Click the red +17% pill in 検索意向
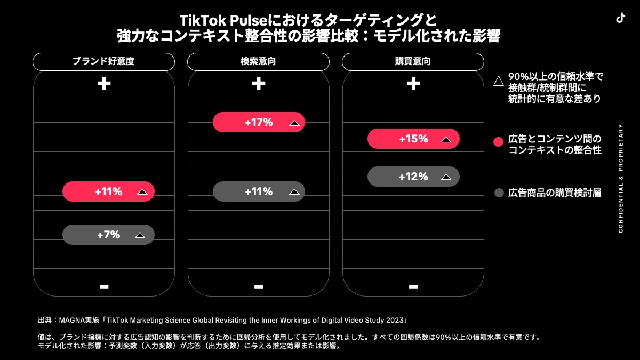[x=259, y=122]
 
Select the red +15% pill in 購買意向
[x=413, y=139]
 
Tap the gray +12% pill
[x=413, y=177]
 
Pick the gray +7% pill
[x=109, y=235]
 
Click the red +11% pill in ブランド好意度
[x=109, y=191]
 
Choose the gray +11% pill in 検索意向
[x=259, y=191]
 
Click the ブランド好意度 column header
[x=103, y=62]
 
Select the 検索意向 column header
[x=258, y=62]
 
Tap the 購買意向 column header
[x=413, y=62]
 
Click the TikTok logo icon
[x=620, y=18]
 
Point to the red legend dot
[x=498, y=142]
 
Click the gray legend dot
[x=499, y=193]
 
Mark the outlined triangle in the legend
[x=499, y=81]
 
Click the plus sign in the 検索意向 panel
[x=259, y=83]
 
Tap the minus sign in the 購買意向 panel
[x=413, y=286]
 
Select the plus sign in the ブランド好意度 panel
[x=104, y=83]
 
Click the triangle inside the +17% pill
[x=294, y=123]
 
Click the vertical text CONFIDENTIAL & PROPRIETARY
[x=621, y=178]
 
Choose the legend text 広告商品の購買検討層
[x=555, y=193]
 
